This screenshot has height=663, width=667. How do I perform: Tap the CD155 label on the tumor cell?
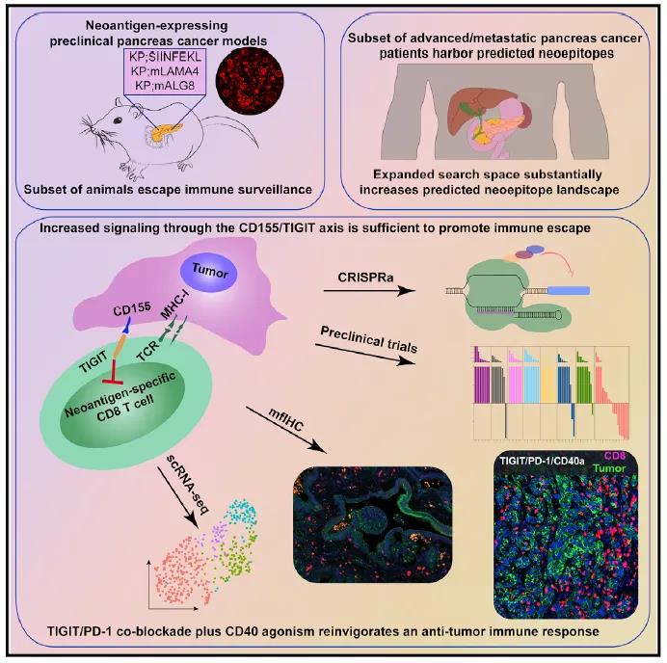point(127,312)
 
